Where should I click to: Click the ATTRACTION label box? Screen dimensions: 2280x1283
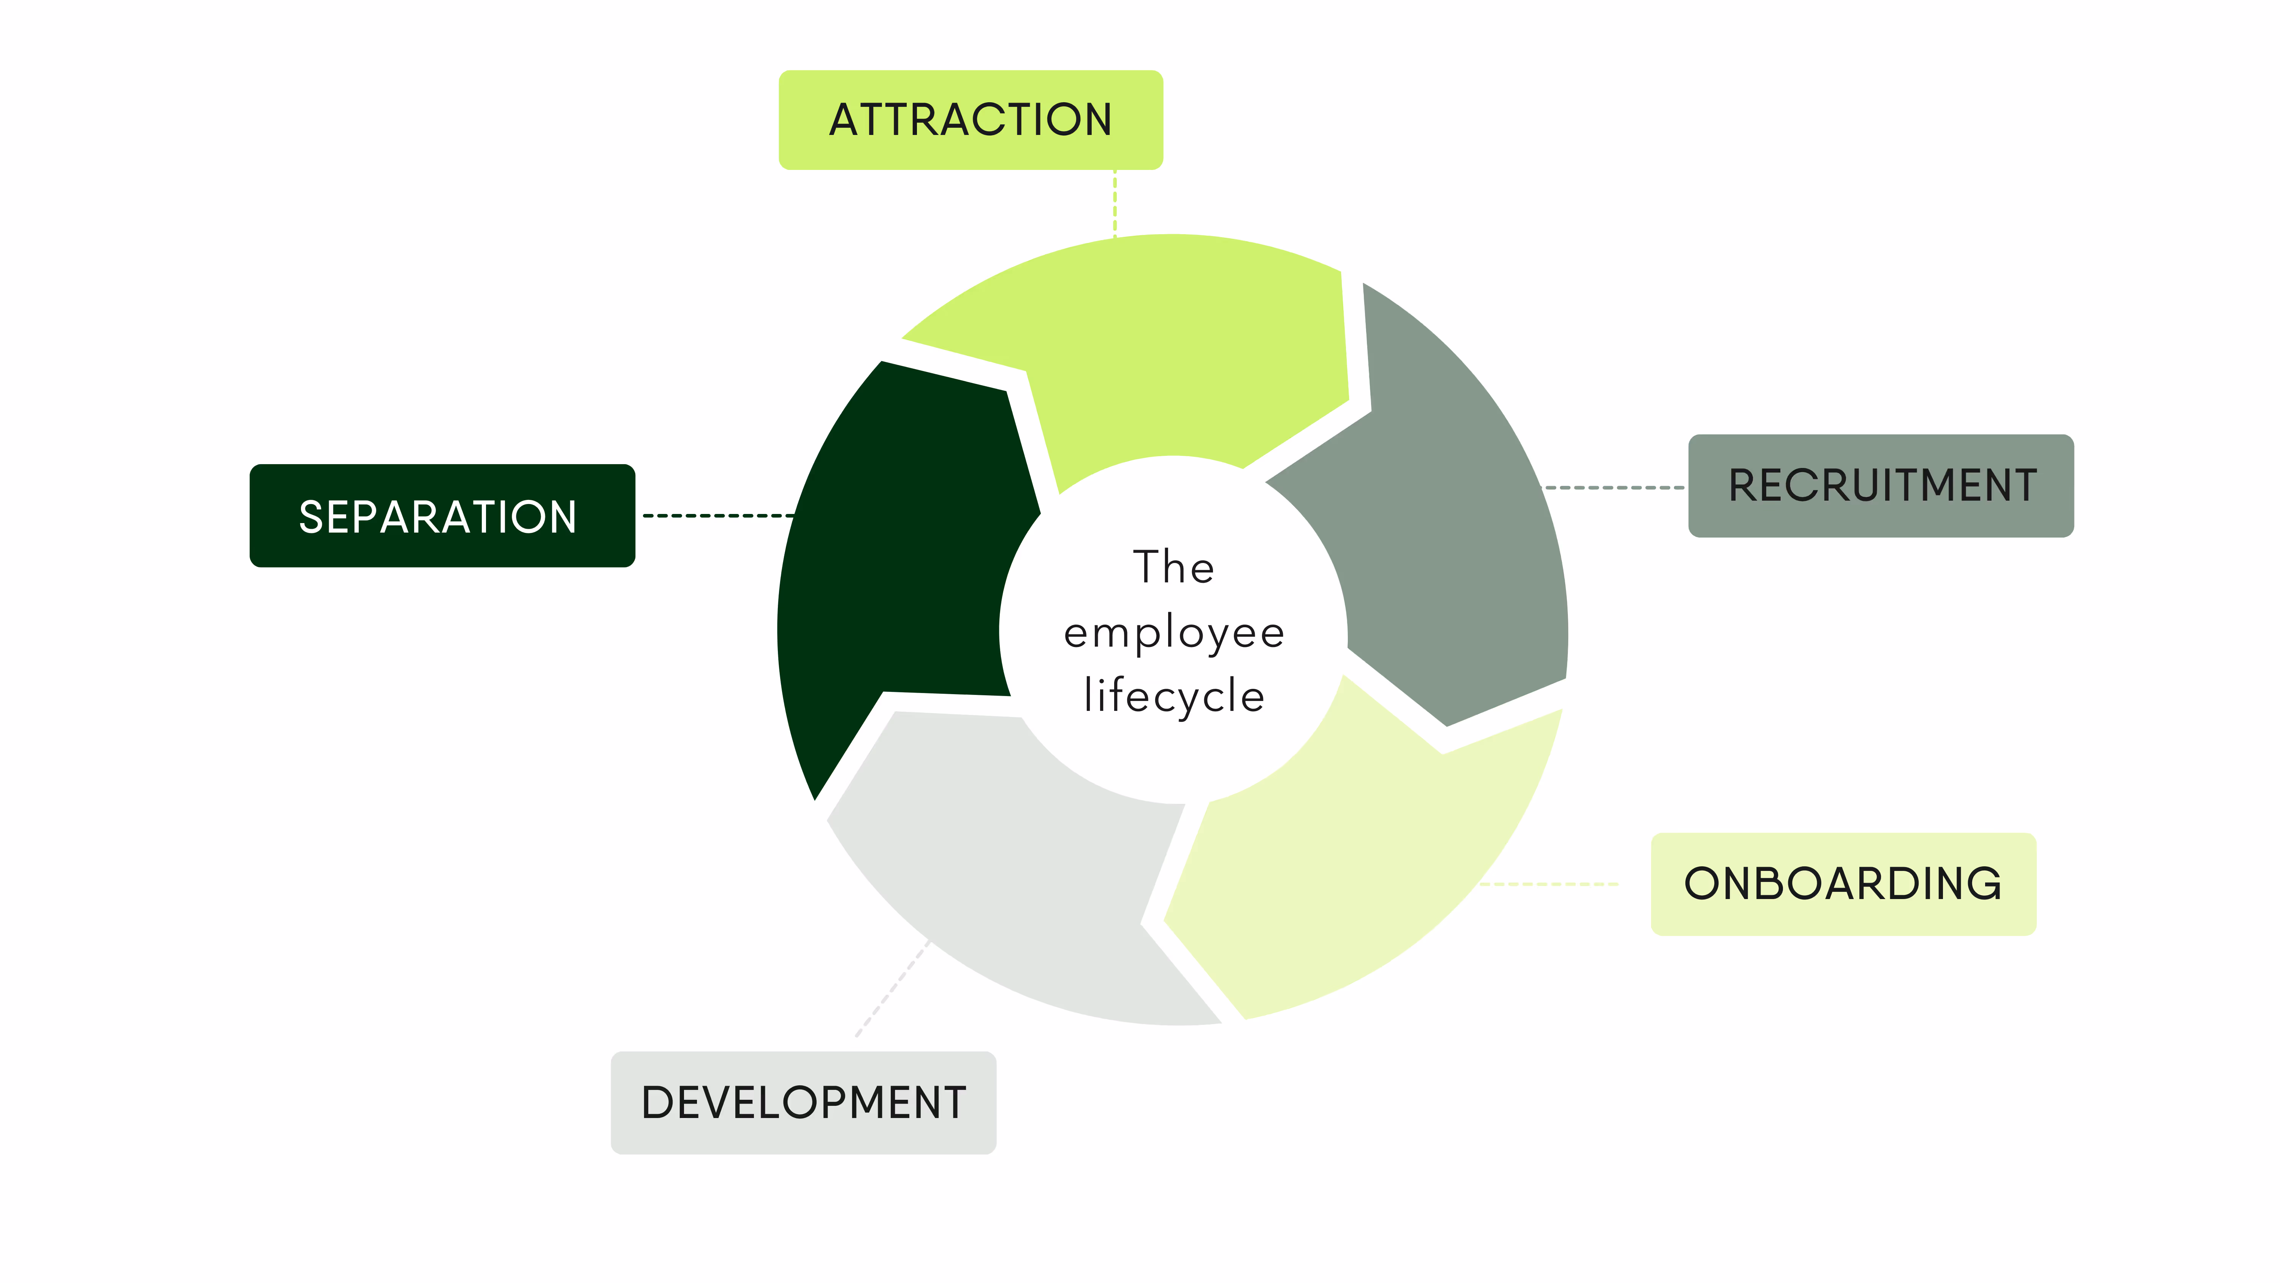pyautogui.click(x=970, y=119)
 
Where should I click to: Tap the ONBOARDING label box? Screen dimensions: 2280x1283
pyautogui.click(x=1843, y=884)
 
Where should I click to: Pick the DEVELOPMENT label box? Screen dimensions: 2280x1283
pyautogui.click(x=803, y=1102)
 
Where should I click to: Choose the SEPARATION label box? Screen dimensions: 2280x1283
pyautogui.click(x=442, y=515)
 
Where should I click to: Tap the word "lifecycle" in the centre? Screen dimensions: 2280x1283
pyautogui.click(x=1174, y=696)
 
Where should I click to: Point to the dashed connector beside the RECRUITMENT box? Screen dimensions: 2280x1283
pyautogui.click(x=1613, y=487)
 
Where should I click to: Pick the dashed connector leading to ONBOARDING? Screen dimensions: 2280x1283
pyautogui.click(x=1549, y=884)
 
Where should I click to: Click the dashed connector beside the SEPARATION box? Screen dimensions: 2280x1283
pyautogui.click(x=717, y=515)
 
